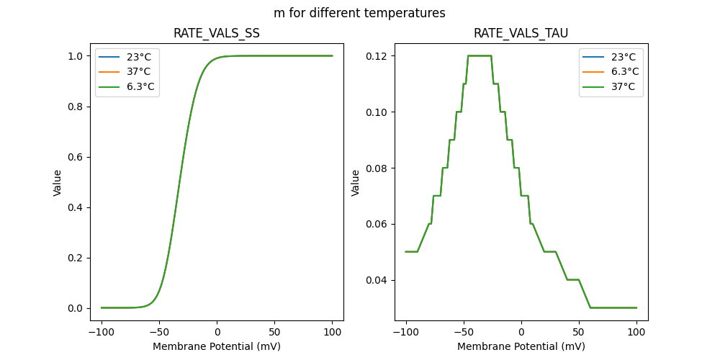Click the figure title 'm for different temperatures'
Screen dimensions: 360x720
(359, 13)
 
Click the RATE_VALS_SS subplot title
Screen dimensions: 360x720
(217, 33)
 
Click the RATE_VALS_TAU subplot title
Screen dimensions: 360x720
(521, 33)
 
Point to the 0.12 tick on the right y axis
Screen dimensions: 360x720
(378, 56)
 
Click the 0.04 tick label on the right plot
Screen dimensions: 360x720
(378, 280)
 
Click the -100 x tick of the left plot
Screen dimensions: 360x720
(102, 332)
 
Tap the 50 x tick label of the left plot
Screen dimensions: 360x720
(275, 332)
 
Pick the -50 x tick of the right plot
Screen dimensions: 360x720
(464, 332)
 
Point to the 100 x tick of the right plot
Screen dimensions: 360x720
(636, 332)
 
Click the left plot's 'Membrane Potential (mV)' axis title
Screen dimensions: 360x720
(217, 346)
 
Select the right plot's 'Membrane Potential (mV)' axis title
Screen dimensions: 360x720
(521, 346)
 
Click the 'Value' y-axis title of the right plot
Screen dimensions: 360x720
(356, 183)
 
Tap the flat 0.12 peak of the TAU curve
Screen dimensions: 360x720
(480, 56)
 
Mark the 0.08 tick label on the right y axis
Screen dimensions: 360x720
(378, 168)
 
